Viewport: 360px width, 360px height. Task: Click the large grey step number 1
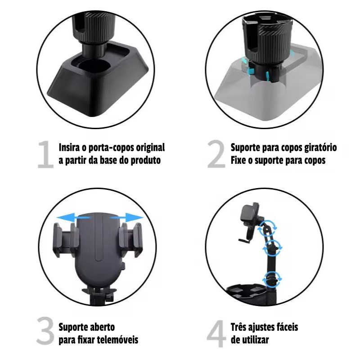(x=46, y=155)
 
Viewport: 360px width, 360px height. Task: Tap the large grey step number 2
(x=216, y=154)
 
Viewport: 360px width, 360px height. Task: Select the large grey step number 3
(x=45, y=331)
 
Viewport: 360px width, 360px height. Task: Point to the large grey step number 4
(x=216, y=333)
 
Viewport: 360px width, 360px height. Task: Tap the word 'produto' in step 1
(x=145, y=160)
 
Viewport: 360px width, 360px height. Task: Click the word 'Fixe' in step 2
(x=238, y=160)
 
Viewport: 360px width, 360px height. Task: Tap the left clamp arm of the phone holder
(x=65, y=239)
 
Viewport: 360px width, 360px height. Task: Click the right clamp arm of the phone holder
(x=131, y=239)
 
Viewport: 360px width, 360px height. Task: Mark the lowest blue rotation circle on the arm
(x=272, y=279)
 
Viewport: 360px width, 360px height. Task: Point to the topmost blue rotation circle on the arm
(x=267, y=228)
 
